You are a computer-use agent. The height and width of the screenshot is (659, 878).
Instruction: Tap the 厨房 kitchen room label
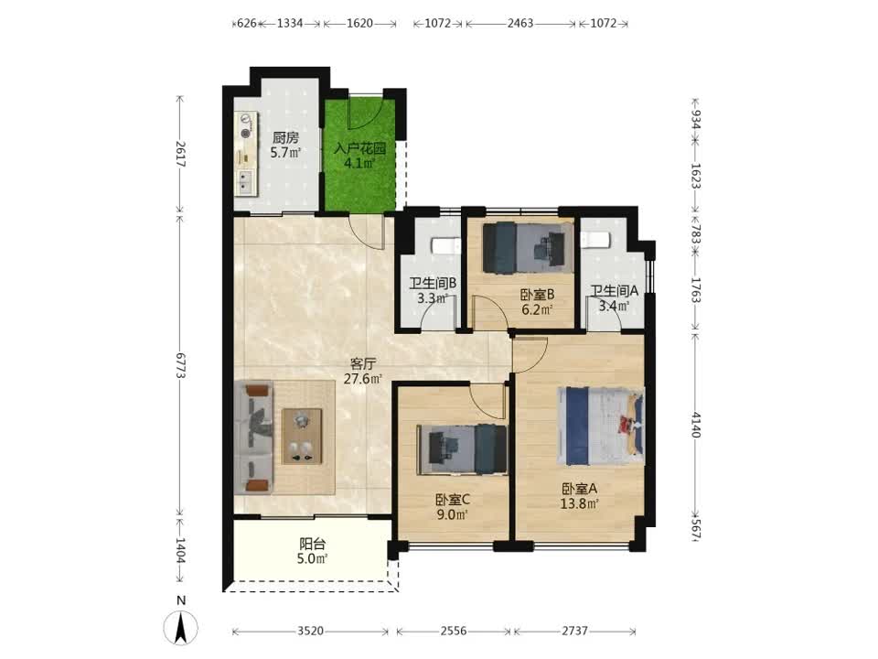pyautogui.click(x=285, y=138)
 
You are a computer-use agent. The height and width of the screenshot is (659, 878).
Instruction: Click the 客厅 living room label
pyautogui.click(x=363, y=363)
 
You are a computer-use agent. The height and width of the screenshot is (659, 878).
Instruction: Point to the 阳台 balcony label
pyautogui.click(x=313, y=544)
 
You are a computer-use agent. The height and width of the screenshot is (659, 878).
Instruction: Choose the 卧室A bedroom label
pyautogui.click(x=580, y=489)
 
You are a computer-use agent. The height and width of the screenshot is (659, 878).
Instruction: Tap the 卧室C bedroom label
pyautogui.click(x=453, y=500)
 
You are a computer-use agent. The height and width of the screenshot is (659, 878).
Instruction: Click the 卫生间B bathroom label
pyautogui.click(x=433, y=284)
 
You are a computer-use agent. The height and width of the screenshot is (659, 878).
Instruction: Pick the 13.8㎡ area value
pyautogui.click(x=580, y=503)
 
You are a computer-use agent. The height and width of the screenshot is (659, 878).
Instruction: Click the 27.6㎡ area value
pyautogui.click(x=363, y=379)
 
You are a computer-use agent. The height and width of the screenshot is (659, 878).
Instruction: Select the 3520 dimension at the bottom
pyautogui.click(x=310, y=631)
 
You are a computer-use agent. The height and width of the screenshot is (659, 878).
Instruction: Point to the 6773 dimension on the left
pyautogui.click(x=180, y=365)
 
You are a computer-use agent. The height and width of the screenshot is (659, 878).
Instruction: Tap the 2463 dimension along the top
pyautogui.click(x=520, y=24)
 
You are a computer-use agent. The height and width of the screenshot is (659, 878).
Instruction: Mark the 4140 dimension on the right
pyautogui.click(x=695, y=425)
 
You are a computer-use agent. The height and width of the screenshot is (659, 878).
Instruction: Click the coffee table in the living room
pyautogui.click(x=302, y=436)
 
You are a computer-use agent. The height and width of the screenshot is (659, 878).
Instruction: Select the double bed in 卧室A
pyautogui.click(x=600, y=426)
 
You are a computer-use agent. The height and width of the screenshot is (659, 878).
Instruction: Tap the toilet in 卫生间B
pyautogui.click(x=445, y=245)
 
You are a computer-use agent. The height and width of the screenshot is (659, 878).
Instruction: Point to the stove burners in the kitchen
pyautogui.click(x=245, y=125)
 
